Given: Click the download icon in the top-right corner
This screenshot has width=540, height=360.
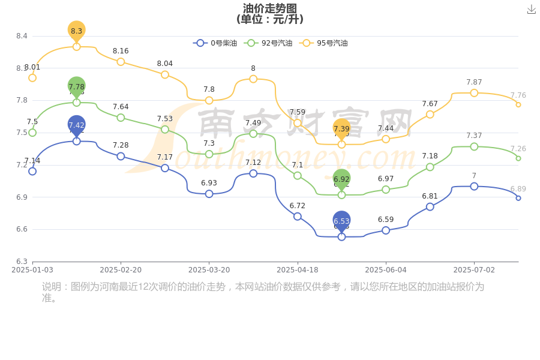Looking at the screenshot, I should pyautogui.click(x=532, y=10).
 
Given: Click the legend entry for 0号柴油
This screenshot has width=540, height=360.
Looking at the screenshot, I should pyautogui.click(x=215, y=43).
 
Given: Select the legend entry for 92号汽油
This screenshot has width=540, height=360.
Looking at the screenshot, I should pyautogui.click(x=269, y=43).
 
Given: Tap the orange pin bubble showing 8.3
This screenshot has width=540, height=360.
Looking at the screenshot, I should pyautogui.click(x=77, y=30).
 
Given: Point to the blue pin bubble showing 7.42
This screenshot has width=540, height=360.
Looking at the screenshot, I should pyautogui.click(x=77, y=125).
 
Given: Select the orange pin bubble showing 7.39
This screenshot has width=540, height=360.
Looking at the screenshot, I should pyautogui.click(x=341, y=128).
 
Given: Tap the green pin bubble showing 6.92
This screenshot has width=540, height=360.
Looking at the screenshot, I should pyautogui.click(x=341, y=179).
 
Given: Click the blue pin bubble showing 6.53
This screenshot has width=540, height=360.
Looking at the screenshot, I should pyautogui.click(x=341, y=221).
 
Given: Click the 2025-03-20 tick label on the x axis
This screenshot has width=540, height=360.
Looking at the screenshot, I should pyautogui.click(x=209, y=270).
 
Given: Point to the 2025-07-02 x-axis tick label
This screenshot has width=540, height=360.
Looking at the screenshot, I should pyautogui.click(x=474, y=270).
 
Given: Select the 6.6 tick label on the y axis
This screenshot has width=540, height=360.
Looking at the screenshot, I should pyautogui.click(x=22, y=229).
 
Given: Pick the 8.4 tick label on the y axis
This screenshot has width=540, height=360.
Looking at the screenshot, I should pyautogui.click(x=22, y=36).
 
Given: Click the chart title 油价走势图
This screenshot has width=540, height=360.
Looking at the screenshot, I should pyautogui.click(x=270, y=8).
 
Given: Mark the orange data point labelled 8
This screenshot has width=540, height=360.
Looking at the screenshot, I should pyautogui.click(x=253, y=79).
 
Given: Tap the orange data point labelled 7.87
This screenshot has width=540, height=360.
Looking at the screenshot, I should pyautogui.click(x=474, y=93).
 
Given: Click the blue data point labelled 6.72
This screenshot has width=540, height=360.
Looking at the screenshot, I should pyautogui.click(x=298, y=217).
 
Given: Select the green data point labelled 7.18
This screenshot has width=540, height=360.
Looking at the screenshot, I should pyautogui.click(x=430, y=167).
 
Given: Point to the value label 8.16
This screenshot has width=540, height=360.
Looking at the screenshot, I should pyautogui.click(x=121, y=51).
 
